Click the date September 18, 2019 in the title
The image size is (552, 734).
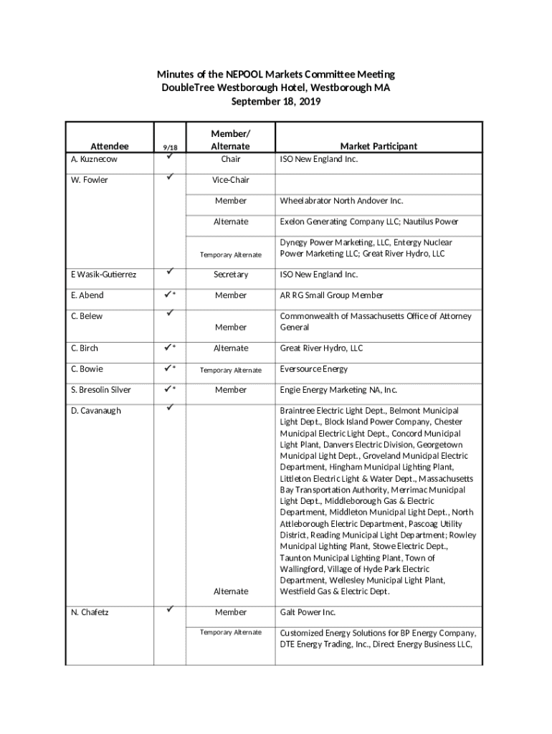click(276, 102)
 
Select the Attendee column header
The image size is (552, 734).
click(109, 146)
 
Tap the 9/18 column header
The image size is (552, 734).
click(170, 147)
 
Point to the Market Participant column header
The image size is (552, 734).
click(379, 146)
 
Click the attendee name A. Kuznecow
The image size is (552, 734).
click(94, 159)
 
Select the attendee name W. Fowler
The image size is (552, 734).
click(90, 180)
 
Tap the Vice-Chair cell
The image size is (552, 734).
click(230, 180)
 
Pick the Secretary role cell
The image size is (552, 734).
click(230, 275)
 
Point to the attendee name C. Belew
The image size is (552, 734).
click(87, 316)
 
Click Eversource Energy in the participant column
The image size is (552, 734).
click(313, 369)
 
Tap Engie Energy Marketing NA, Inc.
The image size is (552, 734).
click(338, 390)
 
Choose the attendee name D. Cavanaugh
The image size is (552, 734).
click(96, 411)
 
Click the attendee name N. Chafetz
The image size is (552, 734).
click(90, 612)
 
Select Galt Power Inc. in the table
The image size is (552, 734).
click(308, 612)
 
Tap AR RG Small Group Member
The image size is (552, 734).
click(331, 295)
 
